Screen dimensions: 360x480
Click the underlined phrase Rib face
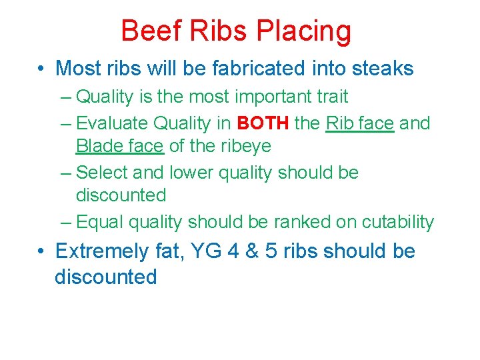point(360,123)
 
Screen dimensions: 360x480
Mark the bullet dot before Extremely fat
point(41,252)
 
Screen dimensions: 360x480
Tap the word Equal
point(101,222)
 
